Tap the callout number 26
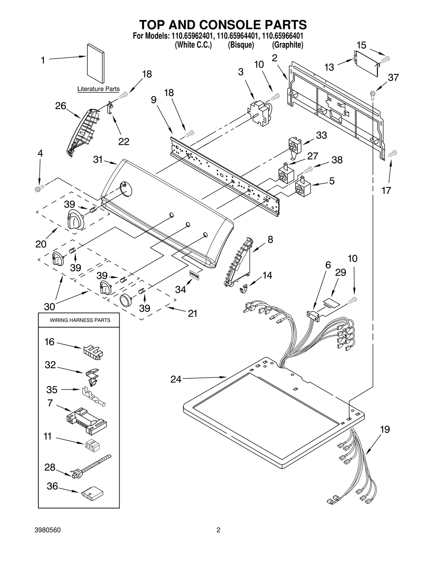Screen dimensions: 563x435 [61, 106]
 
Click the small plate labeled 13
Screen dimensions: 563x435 [366, 63]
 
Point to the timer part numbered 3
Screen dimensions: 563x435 [259, 113]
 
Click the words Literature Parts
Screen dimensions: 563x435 [98, 89]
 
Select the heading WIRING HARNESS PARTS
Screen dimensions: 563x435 [80, 320]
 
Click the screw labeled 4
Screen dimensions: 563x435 [40, 188]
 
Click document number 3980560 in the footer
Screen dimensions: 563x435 [48, 530]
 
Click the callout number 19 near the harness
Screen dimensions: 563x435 [385, 429]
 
